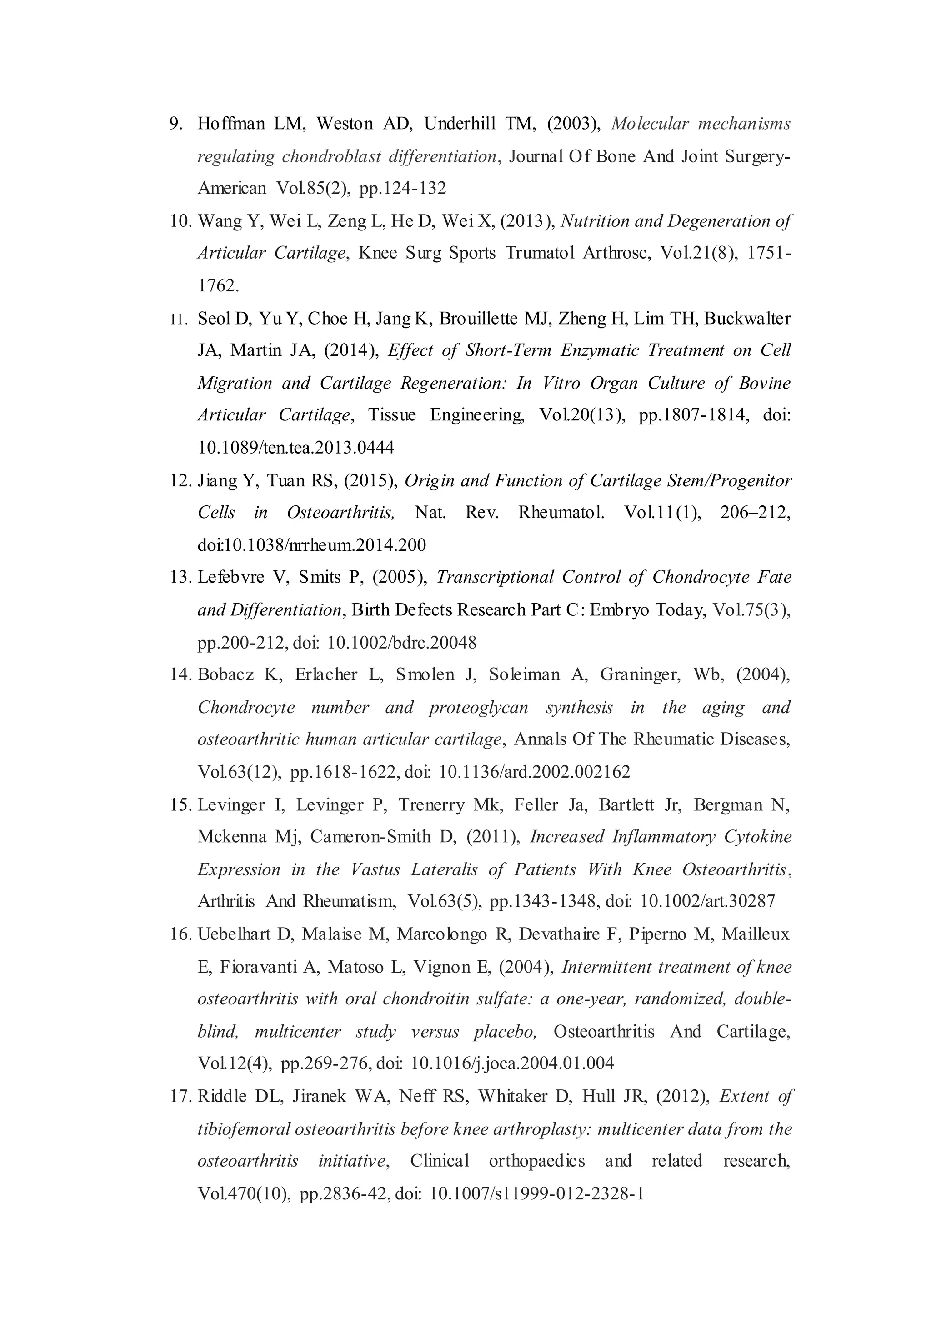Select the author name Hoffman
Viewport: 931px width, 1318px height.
click(230, 124)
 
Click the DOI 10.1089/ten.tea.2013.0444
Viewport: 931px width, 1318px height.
click(296, 448)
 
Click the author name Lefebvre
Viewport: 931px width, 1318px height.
click(231, 577)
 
